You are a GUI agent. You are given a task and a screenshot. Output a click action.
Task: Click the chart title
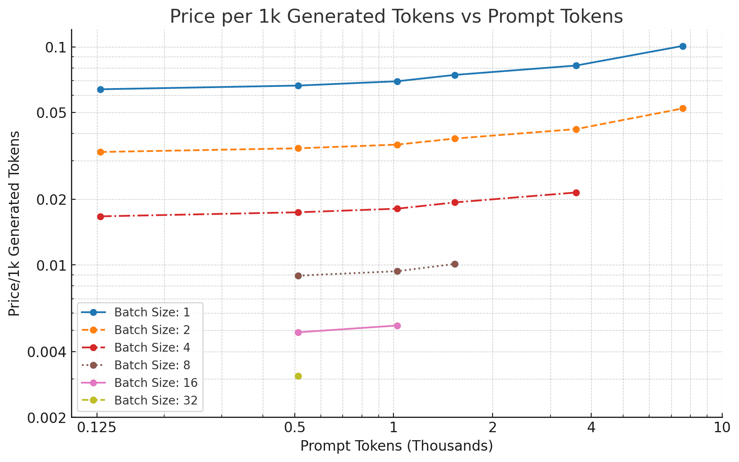[396, 17]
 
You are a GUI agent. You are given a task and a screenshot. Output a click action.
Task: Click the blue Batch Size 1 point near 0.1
[683, 46]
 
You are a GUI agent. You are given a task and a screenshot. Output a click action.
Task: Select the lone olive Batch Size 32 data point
[298, 376]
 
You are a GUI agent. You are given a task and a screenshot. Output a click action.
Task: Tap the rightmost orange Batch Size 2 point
[683, 108]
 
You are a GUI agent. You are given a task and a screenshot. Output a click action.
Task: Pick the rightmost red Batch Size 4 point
[576, 193]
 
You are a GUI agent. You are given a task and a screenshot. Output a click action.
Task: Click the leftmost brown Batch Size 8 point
[298, 276]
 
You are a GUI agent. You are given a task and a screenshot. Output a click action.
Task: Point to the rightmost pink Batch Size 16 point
[397, 326]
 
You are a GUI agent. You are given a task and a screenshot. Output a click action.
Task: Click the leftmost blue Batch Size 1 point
[100, 89]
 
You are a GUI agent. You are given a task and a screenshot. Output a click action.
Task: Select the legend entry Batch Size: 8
[152, 365]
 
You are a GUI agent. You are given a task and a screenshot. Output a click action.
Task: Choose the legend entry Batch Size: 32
[155, 400]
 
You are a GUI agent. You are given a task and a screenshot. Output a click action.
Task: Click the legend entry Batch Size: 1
[152, 312]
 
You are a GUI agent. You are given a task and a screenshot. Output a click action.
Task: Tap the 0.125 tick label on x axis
[97, 428]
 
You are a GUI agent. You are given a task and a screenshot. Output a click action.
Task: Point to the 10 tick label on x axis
[722, 428]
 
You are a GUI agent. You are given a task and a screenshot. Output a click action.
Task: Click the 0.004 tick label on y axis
[47, 352]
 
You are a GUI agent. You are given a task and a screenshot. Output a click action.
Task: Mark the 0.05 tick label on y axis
[51, 113]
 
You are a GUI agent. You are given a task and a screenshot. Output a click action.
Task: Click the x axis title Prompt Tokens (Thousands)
[396, 446]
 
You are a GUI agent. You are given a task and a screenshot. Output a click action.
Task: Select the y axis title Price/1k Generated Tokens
[15, 223]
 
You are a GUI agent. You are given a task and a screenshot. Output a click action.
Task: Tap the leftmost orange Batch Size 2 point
[100, 152]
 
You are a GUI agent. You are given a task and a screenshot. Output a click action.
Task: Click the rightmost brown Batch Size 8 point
[454, 264]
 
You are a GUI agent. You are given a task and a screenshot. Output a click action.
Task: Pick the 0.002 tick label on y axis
[47, 418]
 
